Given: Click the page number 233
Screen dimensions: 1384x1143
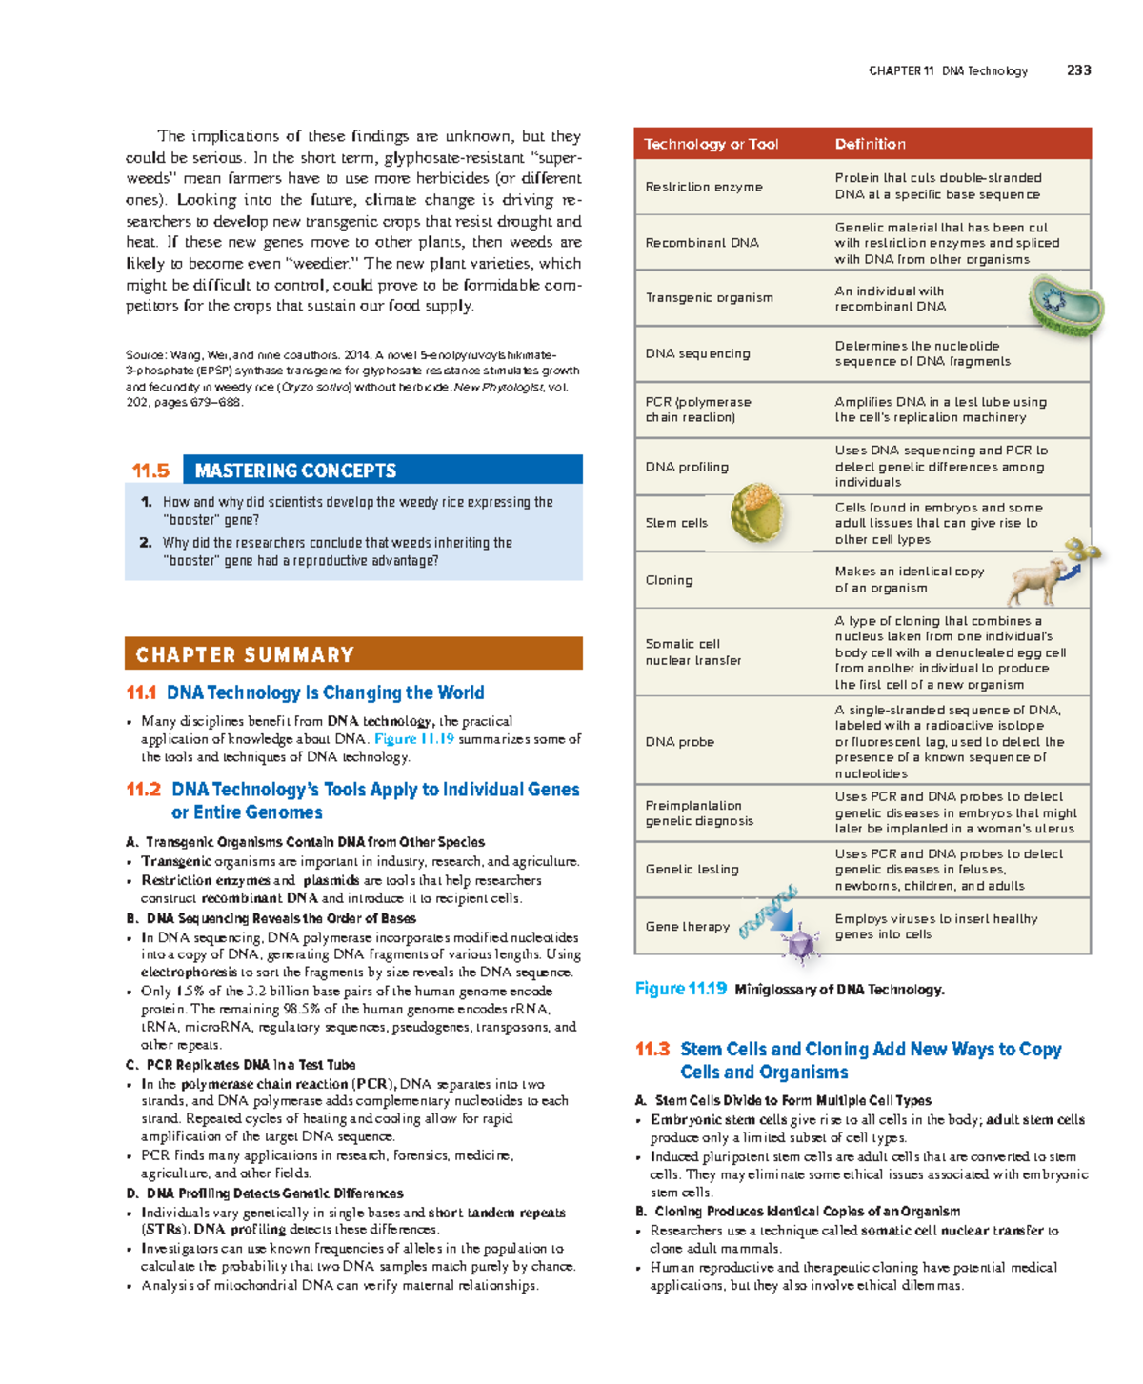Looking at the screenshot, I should [1078, 70].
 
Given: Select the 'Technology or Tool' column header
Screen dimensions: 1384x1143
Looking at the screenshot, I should [711, 144].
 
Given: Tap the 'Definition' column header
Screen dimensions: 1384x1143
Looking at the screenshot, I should [870, 144].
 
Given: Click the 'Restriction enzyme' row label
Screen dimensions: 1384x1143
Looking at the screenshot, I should [703, 187].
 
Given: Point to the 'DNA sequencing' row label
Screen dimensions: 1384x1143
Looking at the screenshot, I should [697, 353].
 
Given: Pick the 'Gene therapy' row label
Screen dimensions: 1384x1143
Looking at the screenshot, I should [687, 926].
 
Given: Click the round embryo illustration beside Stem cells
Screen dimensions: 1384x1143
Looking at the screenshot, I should [757, 512].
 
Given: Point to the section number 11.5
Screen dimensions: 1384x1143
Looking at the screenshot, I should [150, 471].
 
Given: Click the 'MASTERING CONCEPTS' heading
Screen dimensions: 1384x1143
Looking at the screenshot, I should [295, 471].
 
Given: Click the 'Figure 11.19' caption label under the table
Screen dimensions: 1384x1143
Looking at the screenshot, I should [680, 989].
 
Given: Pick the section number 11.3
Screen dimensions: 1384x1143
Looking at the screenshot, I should [652, 1049].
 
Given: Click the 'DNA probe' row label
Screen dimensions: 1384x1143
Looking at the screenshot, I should [679, 742].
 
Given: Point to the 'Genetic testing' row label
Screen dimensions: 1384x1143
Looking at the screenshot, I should [692, 869].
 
